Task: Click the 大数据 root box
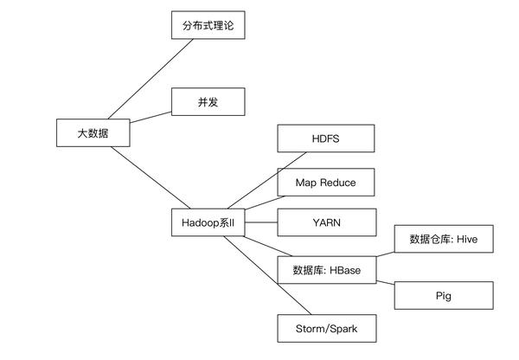(93, 133)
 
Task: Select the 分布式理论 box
(208, 26)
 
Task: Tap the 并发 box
(208, 102)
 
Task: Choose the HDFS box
(326, 138)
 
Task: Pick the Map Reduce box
(326, 182)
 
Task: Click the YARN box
(326, 222)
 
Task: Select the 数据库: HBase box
(326, 269)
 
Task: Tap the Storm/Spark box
(326, 329)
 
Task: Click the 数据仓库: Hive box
(444, 239)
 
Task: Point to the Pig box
(444, 296)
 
